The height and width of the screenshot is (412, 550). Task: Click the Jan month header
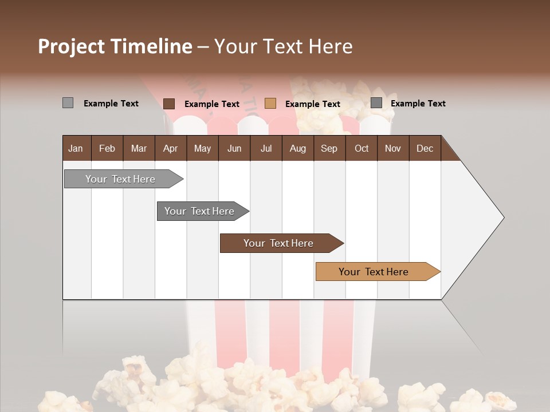click(76, 148)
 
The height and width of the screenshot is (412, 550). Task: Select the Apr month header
click(170, 148)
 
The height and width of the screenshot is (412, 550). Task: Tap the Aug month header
click(297, 148)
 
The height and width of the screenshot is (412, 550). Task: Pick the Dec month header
click(425, 148)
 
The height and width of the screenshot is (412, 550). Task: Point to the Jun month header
click(234, 148)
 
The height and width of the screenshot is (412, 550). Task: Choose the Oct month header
click(361, 148)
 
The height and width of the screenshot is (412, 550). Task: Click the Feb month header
click(107, 148)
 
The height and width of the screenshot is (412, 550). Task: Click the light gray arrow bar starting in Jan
click(120, 179)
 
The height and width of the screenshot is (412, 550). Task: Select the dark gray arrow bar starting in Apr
click(199, 211)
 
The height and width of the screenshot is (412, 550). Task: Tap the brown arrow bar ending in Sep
click(278, 243)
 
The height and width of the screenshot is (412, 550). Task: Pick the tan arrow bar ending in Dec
click(374, 272)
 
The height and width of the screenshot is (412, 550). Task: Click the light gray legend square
click(68, 103)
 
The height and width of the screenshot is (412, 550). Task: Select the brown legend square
click(169, 104)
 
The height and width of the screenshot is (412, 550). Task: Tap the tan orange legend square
click(270, 104)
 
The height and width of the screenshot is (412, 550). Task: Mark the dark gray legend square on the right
click(376, 103)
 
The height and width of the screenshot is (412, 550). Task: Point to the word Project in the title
click(70, 46)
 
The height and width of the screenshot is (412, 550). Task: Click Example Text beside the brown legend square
click(211, 104)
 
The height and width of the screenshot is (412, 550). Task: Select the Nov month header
click(392, 148)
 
